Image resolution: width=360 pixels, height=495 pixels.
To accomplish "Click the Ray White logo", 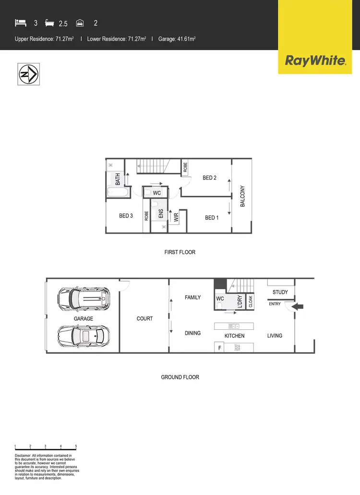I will [315, 60].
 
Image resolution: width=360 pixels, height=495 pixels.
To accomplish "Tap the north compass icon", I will [28, 74].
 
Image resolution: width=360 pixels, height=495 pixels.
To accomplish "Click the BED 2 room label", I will [210, 178].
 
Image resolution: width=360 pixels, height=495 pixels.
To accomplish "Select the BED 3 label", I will [126, 216].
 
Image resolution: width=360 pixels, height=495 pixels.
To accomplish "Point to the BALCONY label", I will [243, 196].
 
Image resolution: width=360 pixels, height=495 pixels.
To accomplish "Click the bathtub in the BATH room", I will [118, 193].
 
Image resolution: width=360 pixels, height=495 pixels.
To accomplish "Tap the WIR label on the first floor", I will [176, 217].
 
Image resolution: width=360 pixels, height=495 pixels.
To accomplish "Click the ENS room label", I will [161, 214].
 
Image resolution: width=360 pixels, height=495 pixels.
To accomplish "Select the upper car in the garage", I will [84, 299].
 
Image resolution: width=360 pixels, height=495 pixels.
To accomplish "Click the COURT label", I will [144, 318].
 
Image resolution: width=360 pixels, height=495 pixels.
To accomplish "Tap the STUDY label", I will [280, 292].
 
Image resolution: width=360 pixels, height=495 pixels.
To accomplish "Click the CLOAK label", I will [251, 302].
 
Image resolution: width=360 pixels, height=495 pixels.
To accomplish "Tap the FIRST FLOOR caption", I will [180, 252].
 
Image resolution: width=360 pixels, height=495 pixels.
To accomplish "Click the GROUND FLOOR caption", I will [180, 377].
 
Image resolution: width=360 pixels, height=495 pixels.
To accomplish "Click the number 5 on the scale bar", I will [76, 446].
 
